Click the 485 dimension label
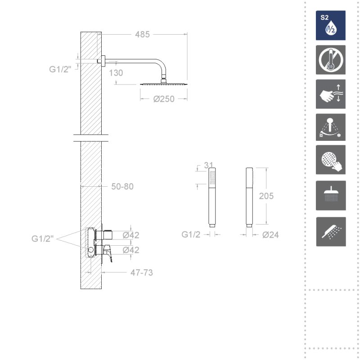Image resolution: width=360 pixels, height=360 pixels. click(x=142, y=35)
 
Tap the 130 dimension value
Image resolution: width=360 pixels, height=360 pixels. click(x=116, y=73)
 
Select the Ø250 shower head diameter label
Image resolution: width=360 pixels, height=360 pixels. click(x=164, y=99)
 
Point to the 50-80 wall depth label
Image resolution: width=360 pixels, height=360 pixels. click(x=122, y=186)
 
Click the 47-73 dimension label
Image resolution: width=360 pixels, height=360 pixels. click(x=142, y=273)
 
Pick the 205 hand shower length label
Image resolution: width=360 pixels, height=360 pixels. click(x=266, y=196)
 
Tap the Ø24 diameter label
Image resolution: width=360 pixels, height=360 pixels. click(x=270, y=234)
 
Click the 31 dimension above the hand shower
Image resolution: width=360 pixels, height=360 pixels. click(x=209, y=165)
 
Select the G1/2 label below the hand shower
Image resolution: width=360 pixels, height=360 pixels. click(x=191, y=234)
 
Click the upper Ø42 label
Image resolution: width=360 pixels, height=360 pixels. click(x=131, y=235)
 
